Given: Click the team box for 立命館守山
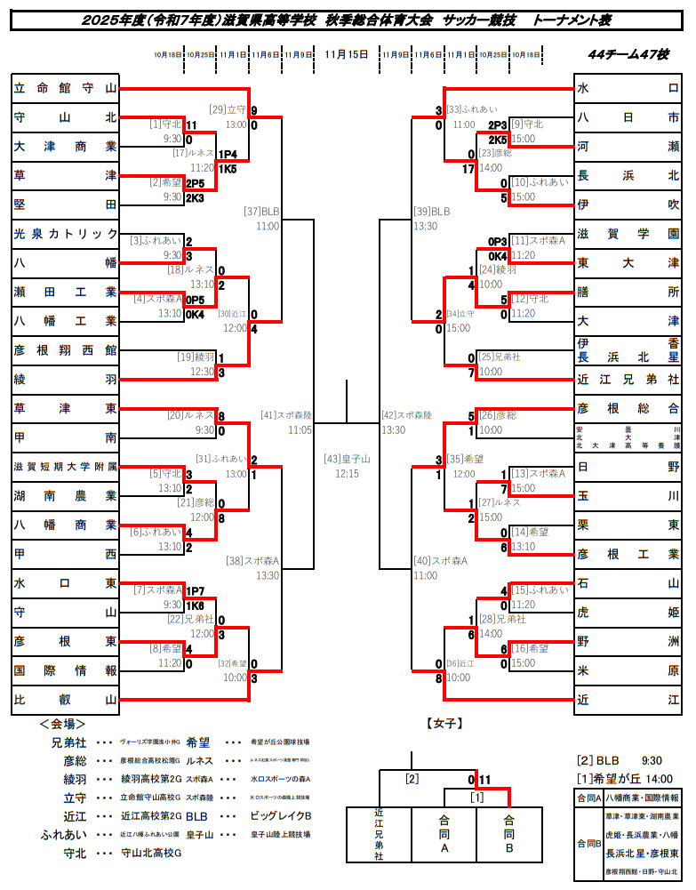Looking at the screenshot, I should coord(66,88).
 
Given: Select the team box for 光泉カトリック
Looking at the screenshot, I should coord(66,234).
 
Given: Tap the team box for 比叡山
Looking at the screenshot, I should coord(66,700).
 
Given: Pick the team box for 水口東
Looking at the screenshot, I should coord(66,583).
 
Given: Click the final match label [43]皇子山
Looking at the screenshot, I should coord(347,459).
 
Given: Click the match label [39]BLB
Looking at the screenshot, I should coord(432,212).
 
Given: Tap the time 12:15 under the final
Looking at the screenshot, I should coord(347,474).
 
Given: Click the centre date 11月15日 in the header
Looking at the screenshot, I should coord(347,54).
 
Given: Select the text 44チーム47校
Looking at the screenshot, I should coord(628,54).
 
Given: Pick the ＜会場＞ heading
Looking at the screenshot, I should coord(62,724).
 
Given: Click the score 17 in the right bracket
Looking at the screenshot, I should coord(468,169).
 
